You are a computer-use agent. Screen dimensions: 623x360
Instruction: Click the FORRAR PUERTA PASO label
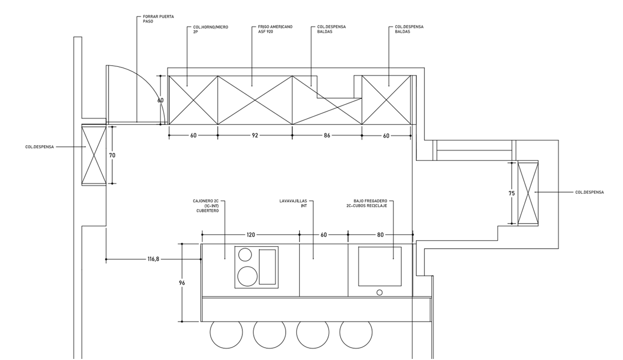click(158, 19)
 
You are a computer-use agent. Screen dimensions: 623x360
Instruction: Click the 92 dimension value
click(255, 135)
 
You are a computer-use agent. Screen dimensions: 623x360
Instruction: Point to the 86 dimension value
click(327, 135)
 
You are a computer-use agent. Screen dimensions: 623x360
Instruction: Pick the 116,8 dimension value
click(153, 259)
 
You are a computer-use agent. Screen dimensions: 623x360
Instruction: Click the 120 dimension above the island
click(250, 235)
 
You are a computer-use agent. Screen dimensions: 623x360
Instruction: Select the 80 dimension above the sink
click(380, 235)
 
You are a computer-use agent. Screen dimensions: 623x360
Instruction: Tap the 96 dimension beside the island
click(182, 283)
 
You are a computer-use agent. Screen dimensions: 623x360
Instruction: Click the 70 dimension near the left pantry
click(112, 155)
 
